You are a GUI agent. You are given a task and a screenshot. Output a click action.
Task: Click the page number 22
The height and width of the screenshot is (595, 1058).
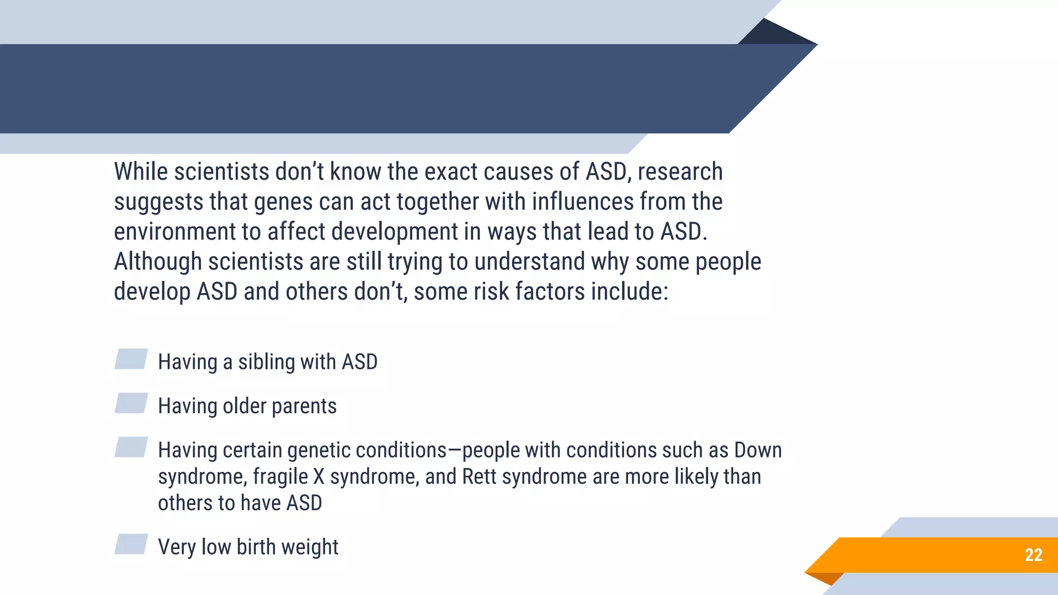pyautogui.click(x=1033, y=555)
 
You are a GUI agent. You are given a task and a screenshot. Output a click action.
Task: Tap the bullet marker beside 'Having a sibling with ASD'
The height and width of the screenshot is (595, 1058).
pyautogui.click(x=131, y=359)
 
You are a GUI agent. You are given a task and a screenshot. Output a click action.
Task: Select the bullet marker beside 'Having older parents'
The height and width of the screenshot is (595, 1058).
pyautogui.click(x=131, y=403)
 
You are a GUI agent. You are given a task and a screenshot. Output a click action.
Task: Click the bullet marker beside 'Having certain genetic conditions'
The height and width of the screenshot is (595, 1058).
pyautogui.click(x=131, y=447)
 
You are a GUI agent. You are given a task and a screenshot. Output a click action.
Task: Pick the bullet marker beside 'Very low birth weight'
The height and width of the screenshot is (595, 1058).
pyautogui.click(x=131, y=544)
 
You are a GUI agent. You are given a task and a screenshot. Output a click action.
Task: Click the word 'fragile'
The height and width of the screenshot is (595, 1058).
pyautogui.click(x=281, y=477)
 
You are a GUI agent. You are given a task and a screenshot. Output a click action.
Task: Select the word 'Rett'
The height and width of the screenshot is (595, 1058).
pyautogui.click(x=479, y=476)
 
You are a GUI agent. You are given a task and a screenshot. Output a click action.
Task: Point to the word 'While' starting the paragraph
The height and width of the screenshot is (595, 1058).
pyautogui.click(x=141, y=171)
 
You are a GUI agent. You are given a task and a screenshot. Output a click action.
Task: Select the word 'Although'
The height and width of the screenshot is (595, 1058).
pyautogui.click(x=158, y=262)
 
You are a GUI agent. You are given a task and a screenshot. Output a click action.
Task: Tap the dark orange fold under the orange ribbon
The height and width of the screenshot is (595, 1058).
pyautogui.click(x=827, y=578)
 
